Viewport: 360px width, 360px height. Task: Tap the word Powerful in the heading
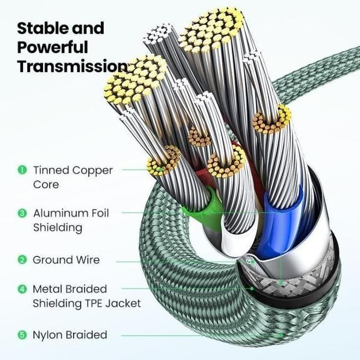(x=52, y=47)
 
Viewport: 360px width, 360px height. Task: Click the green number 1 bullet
(x=22, y=170)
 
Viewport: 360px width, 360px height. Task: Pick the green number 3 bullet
(x=22, y=213)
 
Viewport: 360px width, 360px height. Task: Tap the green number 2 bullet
(x=22, y=260)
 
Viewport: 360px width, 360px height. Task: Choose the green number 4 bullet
(x=22, y=289)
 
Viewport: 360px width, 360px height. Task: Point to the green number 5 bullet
(x=22, y=334)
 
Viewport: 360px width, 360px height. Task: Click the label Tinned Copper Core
(x=73, y=177)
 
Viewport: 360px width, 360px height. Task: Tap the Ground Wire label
(x=66, y=260)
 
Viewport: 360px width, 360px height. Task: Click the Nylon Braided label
(x=70, y=334)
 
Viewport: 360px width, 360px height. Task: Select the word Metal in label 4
(x=46, y=289)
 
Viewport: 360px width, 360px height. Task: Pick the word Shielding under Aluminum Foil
(x=57, y=227)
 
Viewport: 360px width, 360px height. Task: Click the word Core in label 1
(x=46, y=184)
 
